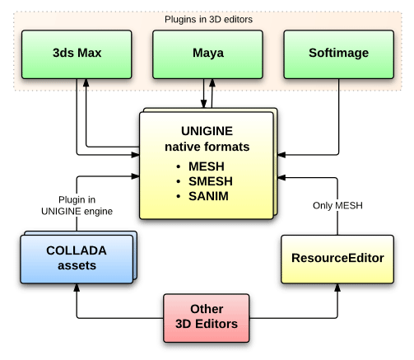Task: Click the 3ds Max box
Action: pyautogui.click(x=77, y=54)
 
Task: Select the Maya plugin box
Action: pyautogui.click(x=207, y=54)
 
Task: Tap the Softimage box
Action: pyautogui.click(x=339, y=54)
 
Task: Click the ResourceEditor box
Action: pyautogui.click(x=337, y=259)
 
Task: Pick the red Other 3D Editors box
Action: pyautogui.click(x=207, y=318)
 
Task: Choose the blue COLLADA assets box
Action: pyautogui.click(x=77, y=259)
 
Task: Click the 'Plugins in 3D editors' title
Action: pyautogui.click(x=208, y=20)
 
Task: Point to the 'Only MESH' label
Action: pyautogui.click(x=337, y=205)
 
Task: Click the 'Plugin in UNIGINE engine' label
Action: pyautogui.click(x=77, y=205)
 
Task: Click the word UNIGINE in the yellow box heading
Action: pyautogui.click(x=207, y=131)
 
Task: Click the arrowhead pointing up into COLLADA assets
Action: pyautogui.click(x=77, y=288)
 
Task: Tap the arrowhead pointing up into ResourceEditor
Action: pyautogui.click(x=337, y=288)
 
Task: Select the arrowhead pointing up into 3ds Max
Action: pyautogui.click(x=86, y=83)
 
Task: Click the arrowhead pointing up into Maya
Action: pyautogui.click(x=212, y=83)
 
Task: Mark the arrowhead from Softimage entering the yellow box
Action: pyautogui.click(x=281, y=155)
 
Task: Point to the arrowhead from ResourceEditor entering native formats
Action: pyautogui.click(x=281, y=178)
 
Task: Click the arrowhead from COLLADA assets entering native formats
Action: pyautogui.click(x=135, y=176)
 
